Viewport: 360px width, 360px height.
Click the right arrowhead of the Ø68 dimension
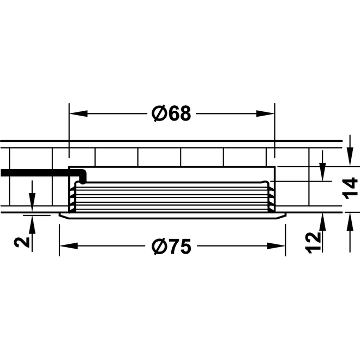point(267,113)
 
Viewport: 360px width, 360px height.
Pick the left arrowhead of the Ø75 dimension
point(66,247)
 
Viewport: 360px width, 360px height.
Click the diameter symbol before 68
point(158,113)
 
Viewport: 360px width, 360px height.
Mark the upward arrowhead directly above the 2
point(33,220)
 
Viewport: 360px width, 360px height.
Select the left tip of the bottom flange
point(59,216)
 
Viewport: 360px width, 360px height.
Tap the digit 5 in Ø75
point(185,247)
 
